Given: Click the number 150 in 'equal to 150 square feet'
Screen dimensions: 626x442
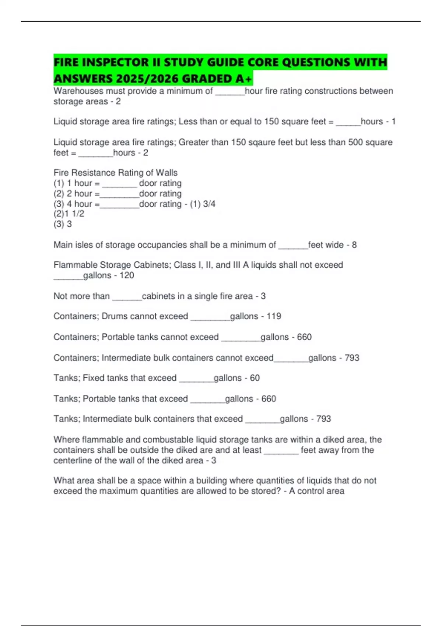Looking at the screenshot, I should point(271,122).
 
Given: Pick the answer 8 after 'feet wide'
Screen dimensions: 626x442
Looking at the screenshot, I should point(354,245).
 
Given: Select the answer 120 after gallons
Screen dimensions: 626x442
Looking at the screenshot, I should point(127,275).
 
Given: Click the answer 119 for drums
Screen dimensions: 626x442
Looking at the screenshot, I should point(274,316).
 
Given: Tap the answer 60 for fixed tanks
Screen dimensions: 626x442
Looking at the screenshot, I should point(255,378).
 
